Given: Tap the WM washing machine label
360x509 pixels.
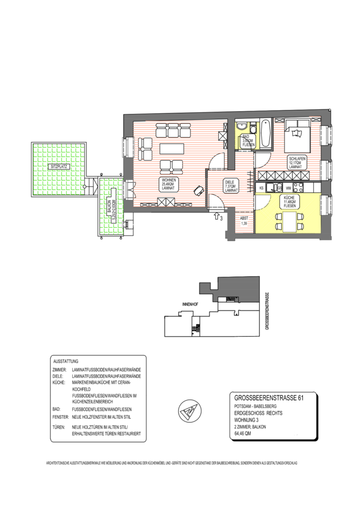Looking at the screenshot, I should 288,188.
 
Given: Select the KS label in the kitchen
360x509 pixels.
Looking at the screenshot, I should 261,188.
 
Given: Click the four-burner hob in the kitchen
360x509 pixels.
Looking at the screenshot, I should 300,188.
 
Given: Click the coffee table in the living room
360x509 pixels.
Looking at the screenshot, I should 172,148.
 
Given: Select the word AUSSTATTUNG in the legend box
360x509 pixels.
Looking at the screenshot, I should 66,361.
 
